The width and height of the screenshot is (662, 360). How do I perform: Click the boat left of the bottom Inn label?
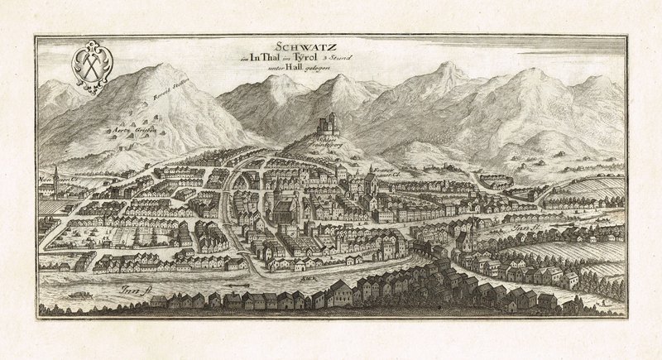click(x=80, y=290)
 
